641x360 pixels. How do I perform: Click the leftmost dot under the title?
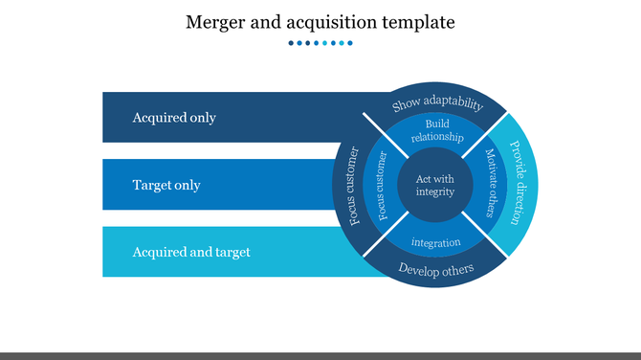290,43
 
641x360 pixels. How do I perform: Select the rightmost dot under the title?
350,43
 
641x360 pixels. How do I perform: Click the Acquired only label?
174,118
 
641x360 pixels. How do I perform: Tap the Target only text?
166,185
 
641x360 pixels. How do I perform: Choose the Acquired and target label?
191,252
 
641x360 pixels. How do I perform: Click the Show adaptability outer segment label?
437,104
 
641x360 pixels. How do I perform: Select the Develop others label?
435,269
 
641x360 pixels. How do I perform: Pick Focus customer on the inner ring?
383,185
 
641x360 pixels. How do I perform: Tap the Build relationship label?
436,131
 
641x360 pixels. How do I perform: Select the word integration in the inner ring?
435,242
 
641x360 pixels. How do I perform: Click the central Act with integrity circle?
435,185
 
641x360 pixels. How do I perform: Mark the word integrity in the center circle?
435,192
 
